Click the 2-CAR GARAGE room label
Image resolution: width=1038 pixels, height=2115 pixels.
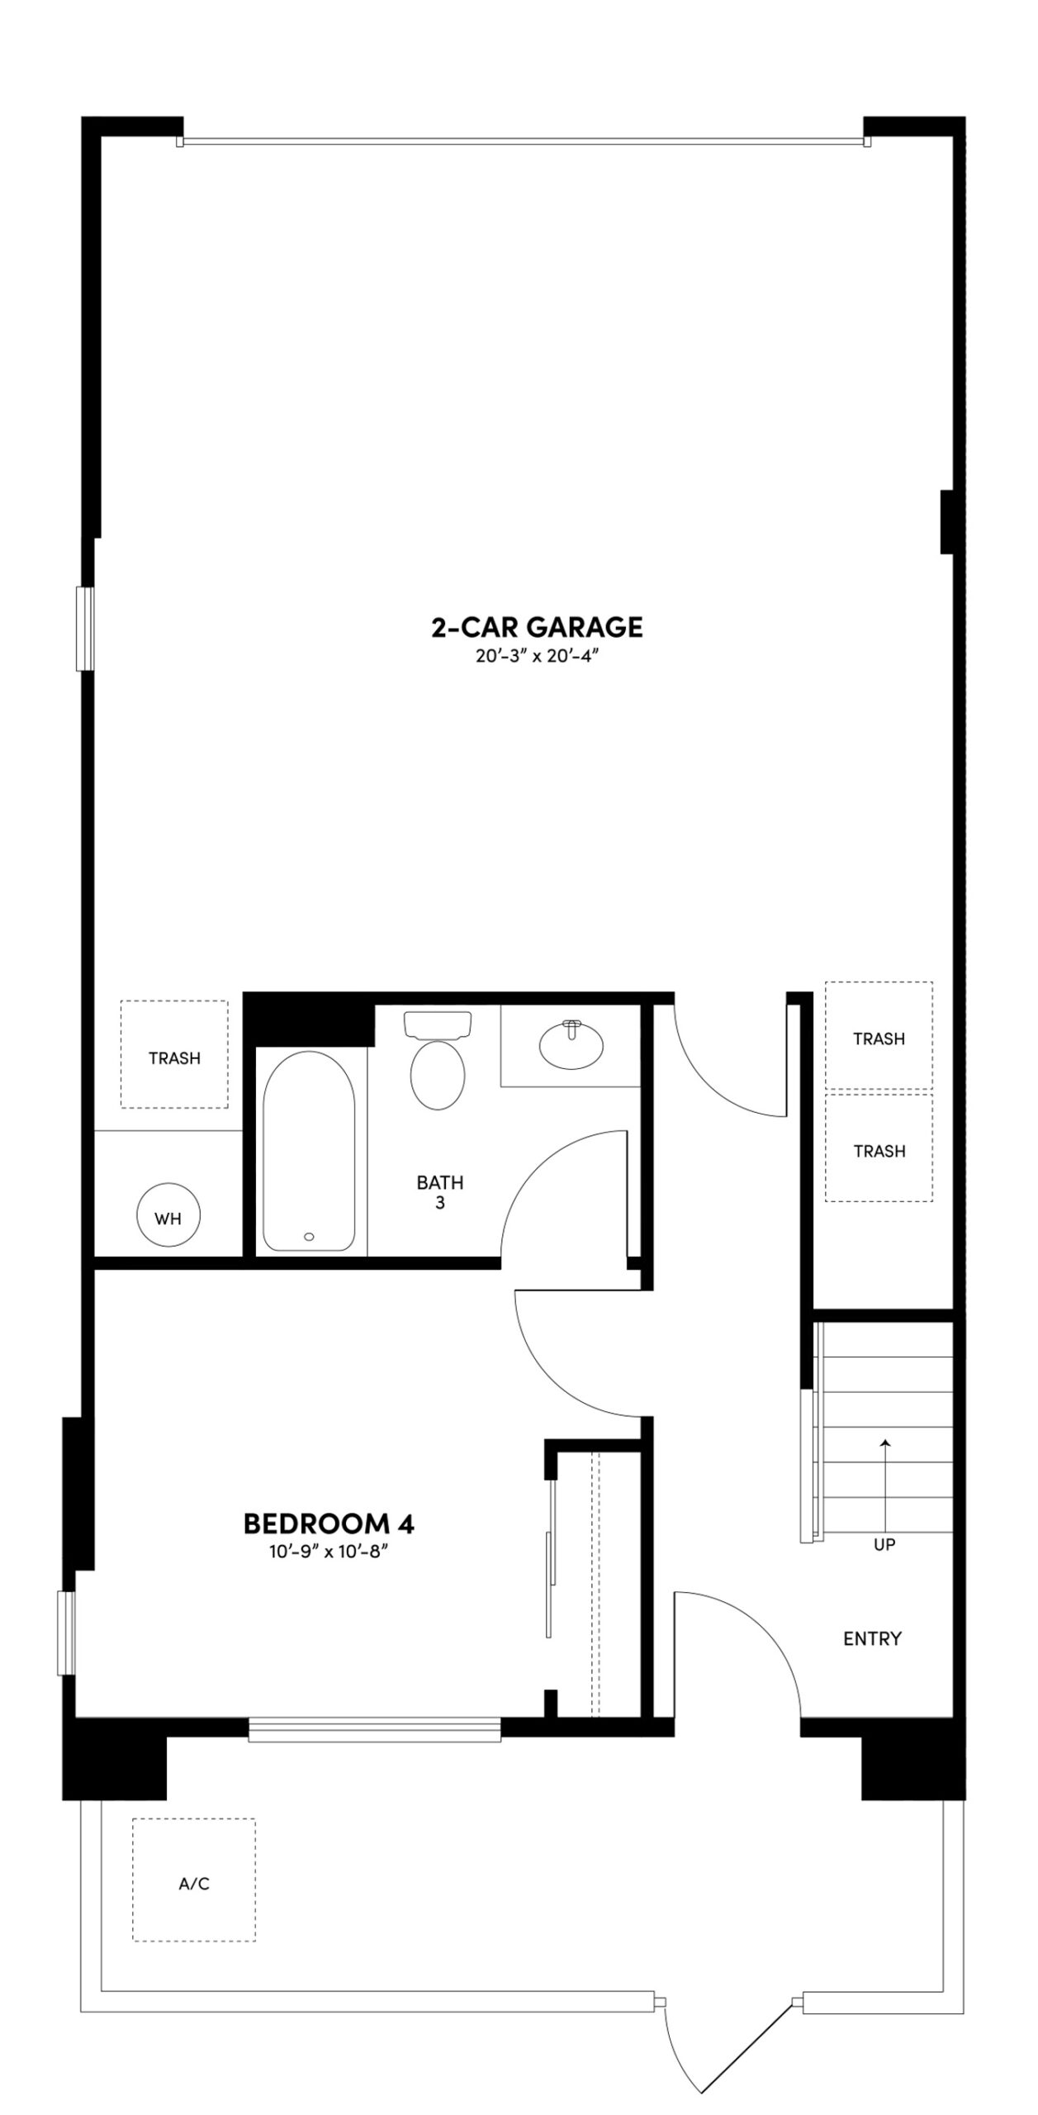coord(537,627)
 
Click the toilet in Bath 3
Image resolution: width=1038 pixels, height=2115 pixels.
coord(438,1075)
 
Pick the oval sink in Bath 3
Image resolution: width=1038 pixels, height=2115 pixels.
coord(571,1046)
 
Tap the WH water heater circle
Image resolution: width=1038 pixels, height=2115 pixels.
coord(168,1218)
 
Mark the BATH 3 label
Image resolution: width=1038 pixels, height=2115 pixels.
coord(440,1192)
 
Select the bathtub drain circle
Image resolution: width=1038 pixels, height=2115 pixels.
coord(309,1237)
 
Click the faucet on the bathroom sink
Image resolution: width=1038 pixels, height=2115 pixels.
coord(571,1029)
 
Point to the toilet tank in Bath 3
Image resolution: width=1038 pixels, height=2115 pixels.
coord(438,1024)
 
